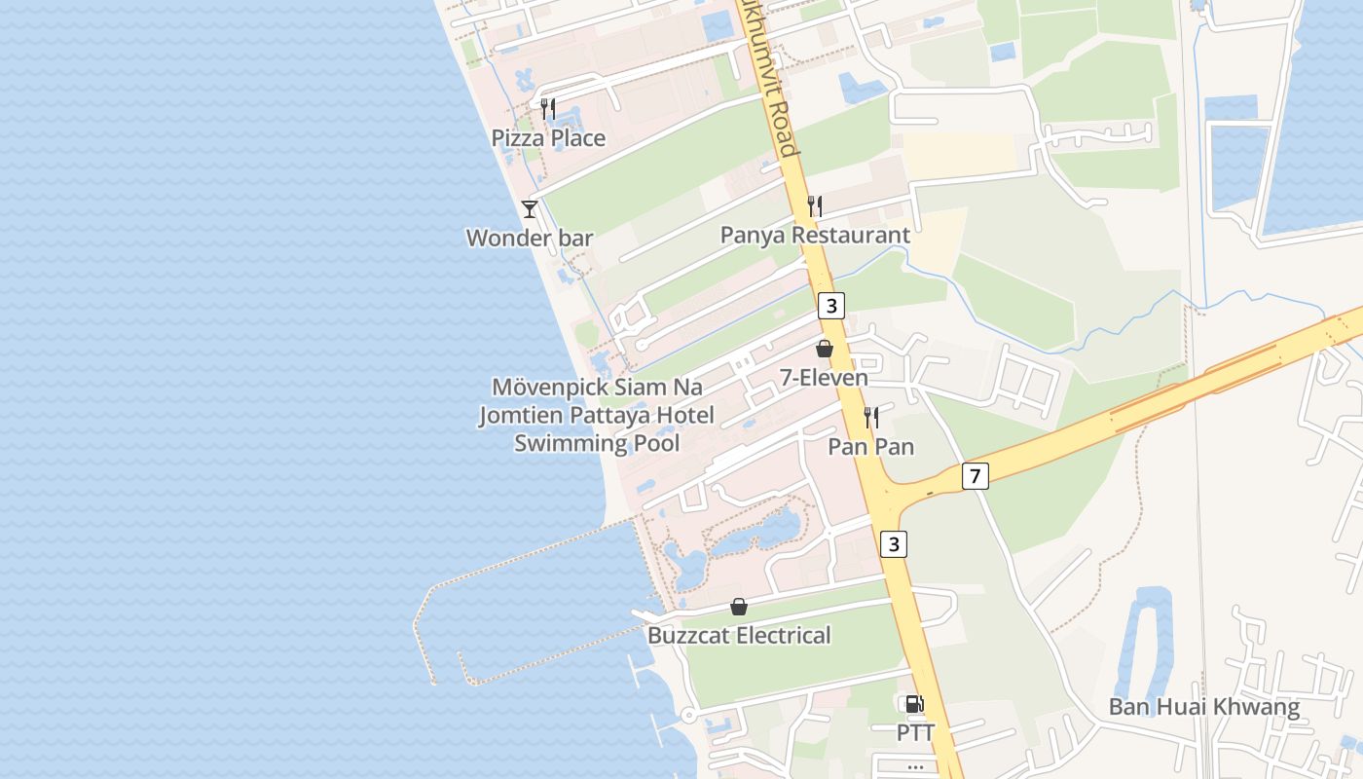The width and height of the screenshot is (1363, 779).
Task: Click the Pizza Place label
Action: [x=548, y=138]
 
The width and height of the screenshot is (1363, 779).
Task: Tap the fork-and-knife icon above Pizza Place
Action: [x=548, y=108]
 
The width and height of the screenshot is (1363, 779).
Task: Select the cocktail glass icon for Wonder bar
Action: [x=529, y=208]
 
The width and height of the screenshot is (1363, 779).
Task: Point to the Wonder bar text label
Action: [x=530, y=238]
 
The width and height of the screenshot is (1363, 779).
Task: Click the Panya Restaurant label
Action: [x=815, y=235]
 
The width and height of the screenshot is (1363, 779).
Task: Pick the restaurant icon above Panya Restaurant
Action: [x=815, y=205]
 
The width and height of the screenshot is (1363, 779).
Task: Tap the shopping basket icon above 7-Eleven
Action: [x=825, y=349]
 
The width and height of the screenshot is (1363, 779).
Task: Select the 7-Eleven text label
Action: [x=824, y=377]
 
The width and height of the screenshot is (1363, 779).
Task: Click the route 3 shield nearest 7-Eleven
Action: [x=829, y=306]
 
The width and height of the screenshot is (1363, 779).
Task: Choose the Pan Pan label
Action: [x=870, y=447]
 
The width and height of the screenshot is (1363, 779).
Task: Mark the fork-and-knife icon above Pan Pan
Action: [x=870, y=418]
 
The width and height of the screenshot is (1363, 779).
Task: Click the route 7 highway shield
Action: [x=976, y=476]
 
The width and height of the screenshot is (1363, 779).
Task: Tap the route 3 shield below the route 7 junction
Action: [x=894, y=544]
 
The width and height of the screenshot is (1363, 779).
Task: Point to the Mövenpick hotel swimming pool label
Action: [x=597, y=415]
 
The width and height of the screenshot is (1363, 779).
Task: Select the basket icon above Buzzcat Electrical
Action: [x=739, y=607]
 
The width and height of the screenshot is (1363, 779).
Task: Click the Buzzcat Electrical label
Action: [x=739, y=636]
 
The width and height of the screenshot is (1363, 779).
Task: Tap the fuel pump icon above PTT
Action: [x=915, y=704]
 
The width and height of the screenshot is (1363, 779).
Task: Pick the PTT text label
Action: [x=915, y=732]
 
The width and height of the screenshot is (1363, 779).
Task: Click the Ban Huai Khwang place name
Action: [x=1204, y=707]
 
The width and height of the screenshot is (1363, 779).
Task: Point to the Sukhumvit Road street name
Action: [x=768, y=78]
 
